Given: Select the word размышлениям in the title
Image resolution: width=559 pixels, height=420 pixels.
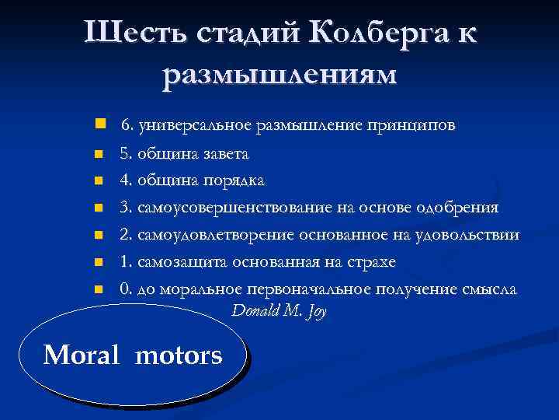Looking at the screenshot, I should tap(279, 75).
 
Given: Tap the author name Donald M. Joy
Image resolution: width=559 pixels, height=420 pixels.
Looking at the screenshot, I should tap(279, 311).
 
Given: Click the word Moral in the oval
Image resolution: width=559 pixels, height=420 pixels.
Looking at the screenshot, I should tap(82, 356).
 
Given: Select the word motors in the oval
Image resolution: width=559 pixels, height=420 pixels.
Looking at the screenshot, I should tap(179, 356).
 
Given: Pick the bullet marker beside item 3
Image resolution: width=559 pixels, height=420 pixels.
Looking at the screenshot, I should tap(98, 208).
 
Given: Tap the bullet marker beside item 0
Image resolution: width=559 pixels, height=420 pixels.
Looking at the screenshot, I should tap(98, 289).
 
